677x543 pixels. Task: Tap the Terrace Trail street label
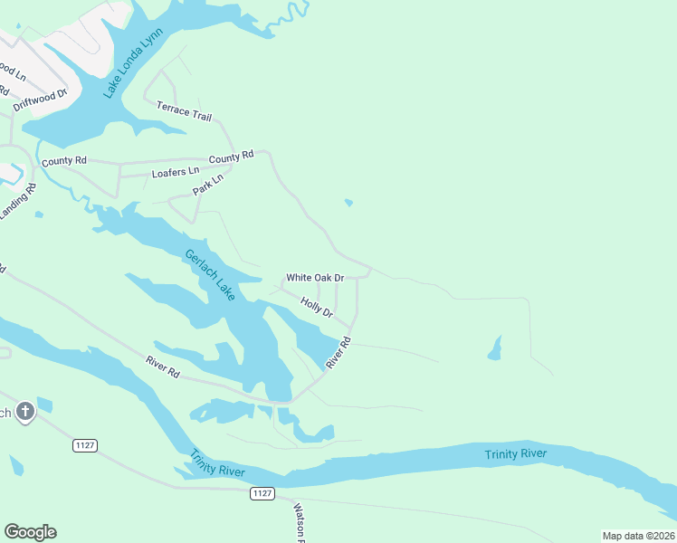click(x=184, y=111)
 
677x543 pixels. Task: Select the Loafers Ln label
click(x=176, y=172)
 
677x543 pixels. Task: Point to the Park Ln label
click(x=207, y=186)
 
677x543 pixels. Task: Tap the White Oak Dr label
click(x=315, y=278)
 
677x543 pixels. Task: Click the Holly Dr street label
click(x=317, y=309)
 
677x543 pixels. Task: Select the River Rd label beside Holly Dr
click(x=338, y=352)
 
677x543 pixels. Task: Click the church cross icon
click(x=25, y=412)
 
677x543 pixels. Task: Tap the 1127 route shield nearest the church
click(x=85, y=445)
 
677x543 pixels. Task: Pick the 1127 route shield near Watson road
click(x=262, y=493)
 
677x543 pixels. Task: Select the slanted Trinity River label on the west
click(x=218, y=462)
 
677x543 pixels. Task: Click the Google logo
click(x=30, y=532)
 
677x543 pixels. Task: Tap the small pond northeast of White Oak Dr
click(x=348, y=203)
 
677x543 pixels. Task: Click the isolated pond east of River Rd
click(x=494, y=348)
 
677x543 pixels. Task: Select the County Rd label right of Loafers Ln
click(x=231, y=158)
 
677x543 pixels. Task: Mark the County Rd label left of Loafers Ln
click(x=63, y=162)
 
